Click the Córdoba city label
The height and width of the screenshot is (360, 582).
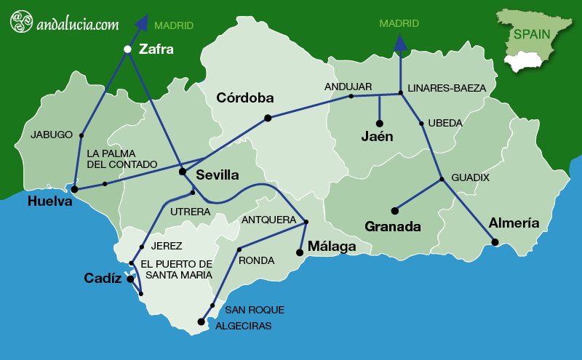click(245, 97)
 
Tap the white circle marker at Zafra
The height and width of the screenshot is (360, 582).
click(127, 49)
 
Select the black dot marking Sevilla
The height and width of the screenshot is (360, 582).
click(183, 172)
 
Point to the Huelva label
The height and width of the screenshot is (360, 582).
click(50, 201)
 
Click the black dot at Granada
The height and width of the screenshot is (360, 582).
click(394, 211)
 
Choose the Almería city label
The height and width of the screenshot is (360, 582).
click(514, 223)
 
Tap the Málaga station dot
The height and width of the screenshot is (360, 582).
click(299, 252)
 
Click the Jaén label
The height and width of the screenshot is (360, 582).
click(377, 136)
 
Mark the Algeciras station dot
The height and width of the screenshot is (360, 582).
click(201, 321)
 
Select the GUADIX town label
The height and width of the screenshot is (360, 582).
click(471, 177)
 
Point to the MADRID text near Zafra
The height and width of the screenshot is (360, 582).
click(174, 25)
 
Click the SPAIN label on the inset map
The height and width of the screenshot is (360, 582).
click(531, 34)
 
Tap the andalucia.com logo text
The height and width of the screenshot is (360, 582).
click(77, 24)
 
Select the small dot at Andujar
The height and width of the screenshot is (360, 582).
click(351, 96)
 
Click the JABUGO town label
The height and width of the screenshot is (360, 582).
click(52, 135)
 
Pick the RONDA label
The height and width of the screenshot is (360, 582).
click(257, 260)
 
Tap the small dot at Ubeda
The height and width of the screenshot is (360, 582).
click(422, 124)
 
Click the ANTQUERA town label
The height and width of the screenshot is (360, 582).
click(268, 220)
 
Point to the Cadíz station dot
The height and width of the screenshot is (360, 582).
click(129, 279)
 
